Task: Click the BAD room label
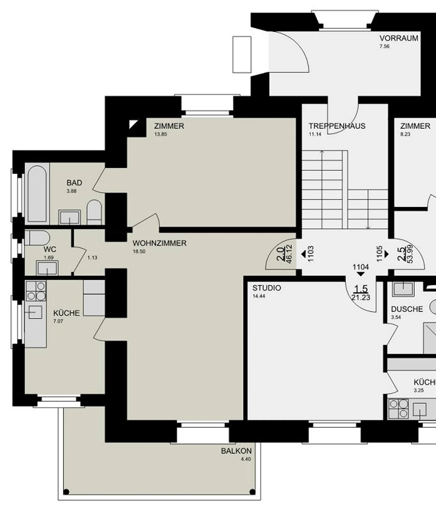(x=74, y=183)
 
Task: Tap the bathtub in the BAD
(x=37, y=194)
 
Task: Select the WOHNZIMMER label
(x=160, y=243)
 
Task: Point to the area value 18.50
(x=139, y=251)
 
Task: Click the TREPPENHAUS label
(x=337, y=126)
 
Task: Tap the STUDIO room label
(x=267, y=288)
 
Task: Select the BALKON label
(x=236, y=451)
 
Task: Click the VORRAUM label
(x=399, y=38)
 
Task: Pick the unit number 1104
(x=361, y=267)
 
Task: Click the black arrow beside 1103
(x=303, y=254)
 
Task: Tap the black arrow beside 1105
(x=387, y=254)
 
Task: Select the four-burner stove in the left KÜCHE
(x=36, y=291)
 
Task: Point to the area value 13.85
(x=161, y=134)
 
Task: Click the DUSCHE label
(x=407, y=309)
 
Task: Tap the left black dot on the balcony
(x=67, y=492)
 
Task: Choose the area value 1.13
(x=92, y=258)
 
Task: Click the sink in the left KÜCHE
(x=35, y=312)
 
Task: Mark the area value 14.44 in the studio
(x=259, y=296)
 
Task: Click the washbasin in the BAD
(x=70, y=217)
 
